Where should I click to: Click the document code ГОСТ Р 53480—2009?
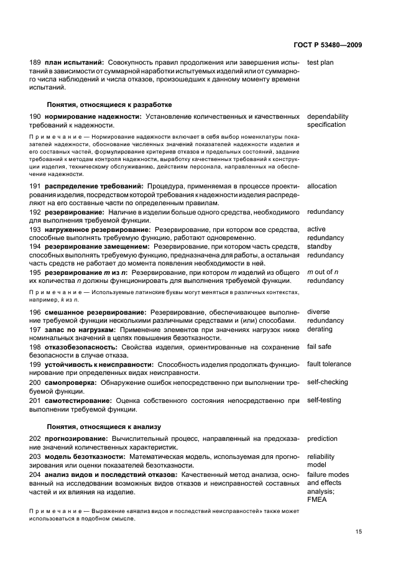(x=327, y=45)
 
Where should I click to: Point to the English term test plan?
(x=320, y=63)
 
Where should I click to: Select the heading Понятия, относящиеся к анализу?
(x=104, y=427)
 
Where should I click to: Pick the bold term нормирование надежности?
(x=93, y=117)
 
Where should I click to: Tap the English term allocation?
(x=322, y=187)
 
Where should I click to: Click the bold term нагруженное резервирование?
(x=97, y=229)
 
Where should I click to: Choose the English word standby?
(x=320, y=247)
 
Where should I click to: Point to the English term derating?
(x=320, y=330)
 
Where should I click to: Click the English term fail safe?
(x=320, y=347)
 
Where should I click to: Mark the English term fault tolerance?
(x=329, y=364)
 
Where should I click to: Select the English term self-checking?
(x=328, y=382)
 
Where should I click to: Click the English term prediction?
(x=323, y=439)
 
